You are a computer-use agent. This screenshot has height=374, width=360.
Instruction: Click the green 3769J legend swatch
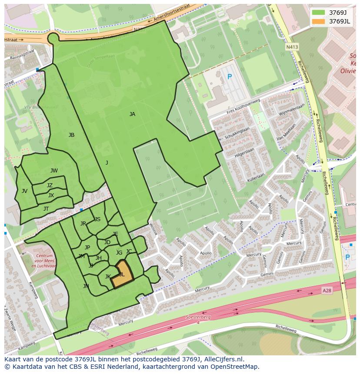click(x=318, y=12)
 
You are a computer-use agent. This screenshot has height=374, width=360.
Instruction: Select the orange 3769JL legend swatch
click(x=318, y=21)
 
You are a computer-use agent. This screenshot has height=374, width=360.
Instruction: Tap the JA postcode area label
click(x=132, y=114)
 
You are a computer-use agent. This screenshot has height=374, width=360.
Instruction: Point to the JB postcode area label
click(x=71, y=135)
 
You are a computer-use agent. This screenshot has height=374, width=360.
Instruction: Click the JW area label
click(x=54, y=171)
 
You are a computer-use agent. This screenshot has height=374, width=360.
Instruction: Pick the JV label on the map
click(x=24, y=191)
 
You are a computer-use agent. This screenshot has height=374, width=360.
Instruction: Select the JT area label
click(x=46, y=209)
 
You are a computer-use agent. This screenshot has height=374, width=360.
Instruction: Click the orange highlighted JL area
click(x=121, y=275)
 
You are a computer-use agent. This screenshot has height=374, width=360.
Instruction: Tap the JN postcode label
click(x=86, y=286)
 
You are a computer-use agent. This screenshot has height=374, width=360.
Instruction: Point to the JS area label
click(x=97, y=219)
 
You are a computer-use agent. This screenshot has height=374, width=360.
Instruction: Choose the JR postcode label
click(x=83, y=224)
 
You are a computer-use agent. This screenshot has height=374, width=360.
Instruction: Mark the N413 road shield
click(x=292, y=46)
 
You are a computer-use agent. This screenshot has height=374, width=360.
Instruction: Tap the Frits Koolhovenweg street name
click(x=243, y=107)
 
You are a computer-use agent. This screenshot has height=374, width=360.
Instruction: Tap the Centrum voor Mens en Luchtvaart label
click(x=44, y=261)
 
